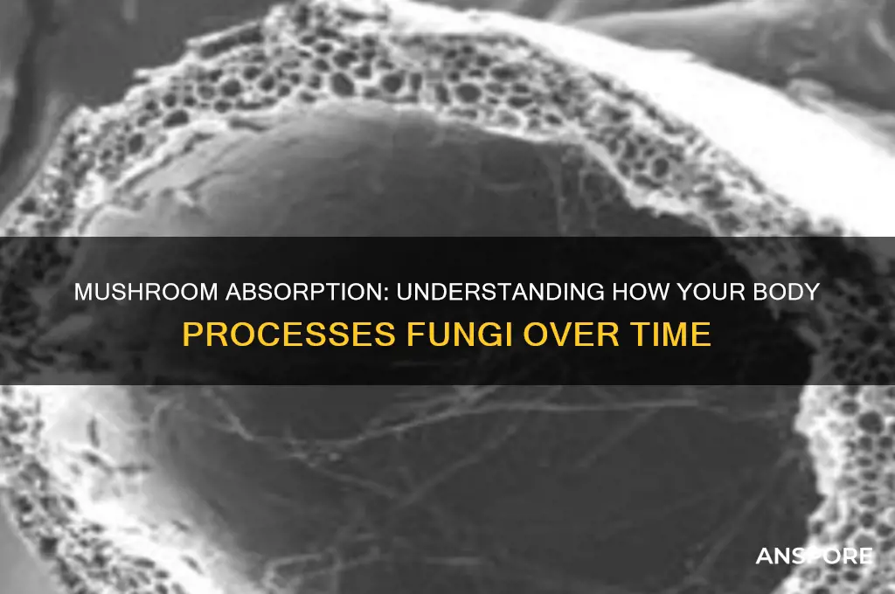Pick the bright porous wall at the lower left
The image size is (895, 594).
(x=52, y=489)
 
